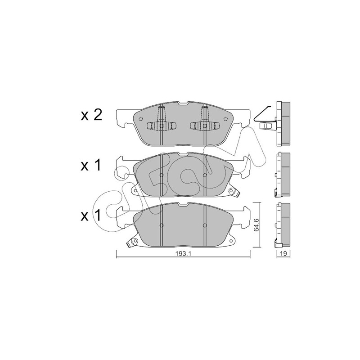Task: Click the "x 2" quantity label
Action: pos(91,116)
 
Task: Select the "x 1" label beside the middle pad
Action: pos(91,165)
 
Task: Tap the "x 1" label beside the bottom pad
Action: pos(91,216)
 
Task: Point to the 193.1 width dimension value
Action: pos(184,253)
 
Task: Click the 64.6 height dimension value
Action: pos(256,225)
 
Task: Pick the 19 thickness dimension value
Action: pos(283,253)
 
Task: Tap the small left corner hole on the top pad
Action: pos(141,119)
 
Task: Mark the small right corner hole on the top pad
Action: pos(225,119)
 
